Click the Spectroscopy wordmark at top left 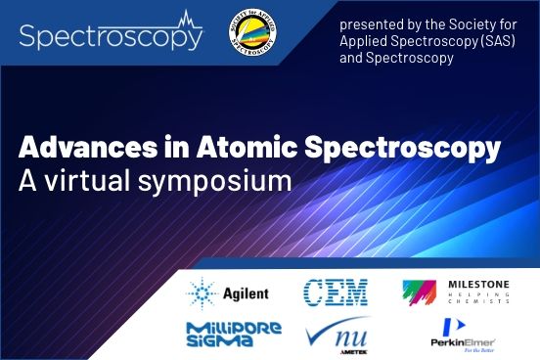coord(111,36)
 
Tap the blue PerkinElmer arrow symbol coord(452,325)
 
